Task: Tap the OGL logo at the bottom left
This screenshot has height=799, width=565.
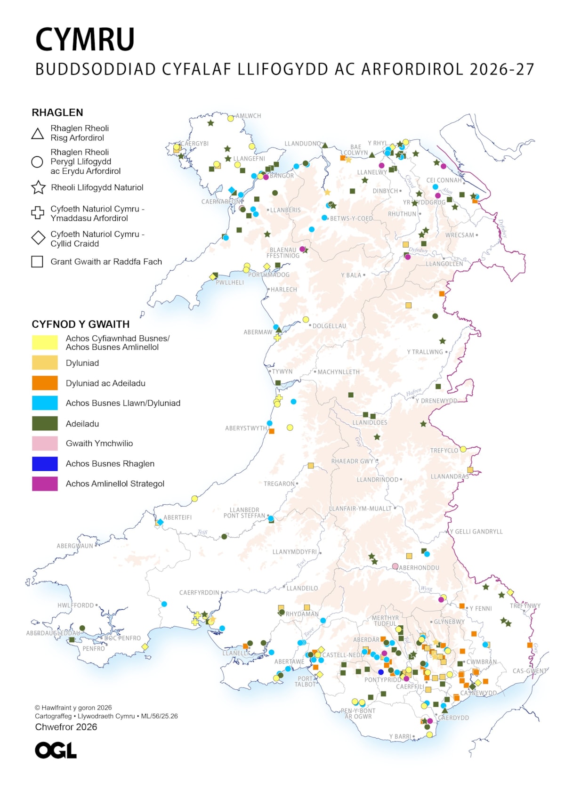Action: tap(56, 751)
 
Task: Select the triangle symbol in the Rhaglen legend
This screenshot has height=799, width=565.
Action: tap(38, 134)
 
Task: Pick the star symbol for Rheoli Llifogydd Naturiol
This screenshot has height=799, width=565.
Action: tap(38, 187)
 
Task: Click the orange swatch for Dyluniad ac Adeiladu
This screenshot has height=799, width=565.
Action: tap(45, 383)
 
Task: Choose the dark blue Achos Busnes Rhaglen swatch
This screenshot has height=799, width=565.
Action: tap(45, 463)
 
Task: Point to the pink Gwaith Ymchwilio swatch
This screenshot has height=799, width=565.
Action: tap(45, 443)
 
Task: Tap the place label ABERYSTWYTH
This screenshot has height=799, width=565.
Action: tap(246, 428)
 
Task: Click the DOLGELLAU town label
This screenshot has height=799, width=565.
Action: tap(329, 326)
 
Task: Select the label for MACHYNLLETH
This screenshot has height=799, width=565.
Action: tap(338, 372)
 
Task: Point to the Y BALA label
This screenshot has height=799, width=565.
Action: tap(351, 275)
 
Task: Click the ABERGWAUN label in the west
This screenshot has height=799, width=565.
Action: tap(75, 546)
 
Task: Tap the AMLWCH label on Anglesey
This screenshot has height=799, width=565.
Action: tap(248, 116)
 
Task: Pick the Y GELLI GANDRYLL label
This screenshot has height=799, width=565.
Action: tap(476, 532)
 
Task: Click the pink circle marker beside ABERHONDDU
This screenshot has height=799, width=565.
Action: tap(395, 566)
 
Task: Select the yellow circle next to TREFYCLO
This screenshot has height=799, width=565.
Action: tap(463, 449)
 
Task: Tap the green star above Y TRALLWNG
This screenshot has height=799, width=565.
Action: tap(443, 341)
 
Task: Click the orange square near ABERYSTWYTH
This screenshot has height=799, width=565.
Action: tap(272, 431)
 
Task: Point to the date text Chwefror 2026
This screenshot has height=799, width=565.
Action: tap(66, 727)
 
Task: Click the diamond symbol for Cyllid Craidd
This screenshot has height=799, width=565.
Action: tap(38, 238)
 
